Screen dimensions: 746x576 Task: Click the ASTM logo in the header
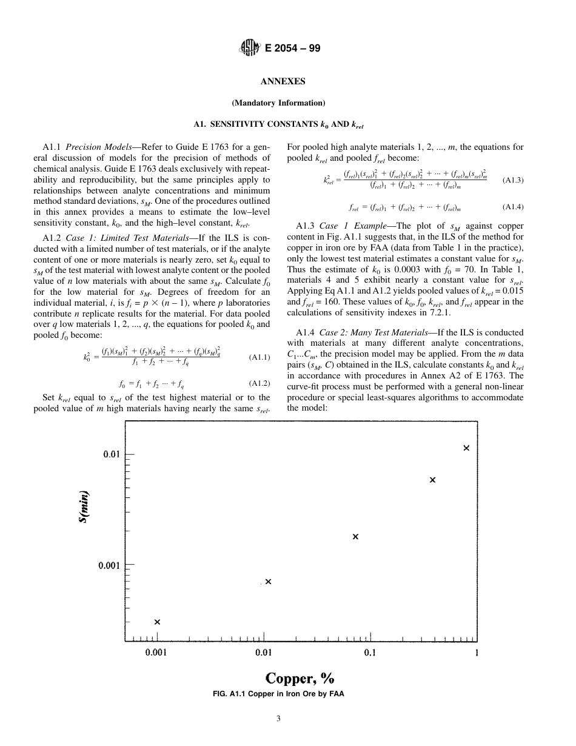click(x=249, y=48)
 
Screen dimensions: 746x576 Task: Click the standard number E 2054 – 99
click(x=292, y=49)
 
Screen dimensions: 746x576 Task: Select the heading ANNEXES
click(x=283, y=81)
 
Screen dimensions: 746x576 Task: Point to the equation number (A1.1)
click(x=260, y=357)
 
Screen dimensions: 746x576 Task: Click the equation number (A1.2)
click(x=260, y=383)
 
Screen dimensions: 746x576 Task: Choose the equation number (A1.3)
click(x=513, y=180)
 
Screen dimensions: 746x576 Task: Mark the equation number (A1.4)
click(x=513, y=207)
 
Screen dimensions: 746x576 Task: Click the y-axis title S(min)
click(x=85, y=507)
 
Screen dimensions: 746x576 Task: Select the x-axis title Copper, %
click(x=300, y=677)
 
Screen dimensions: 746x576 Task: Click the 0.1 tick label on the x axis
click(x=370, y=653)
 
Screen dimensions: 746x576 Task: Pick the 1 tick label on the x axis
click(x=477, y=653)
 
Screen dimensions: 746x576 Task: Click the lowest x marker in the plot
click(x=157, y=622)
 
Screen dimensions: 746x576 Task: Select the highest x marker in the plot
click(x=466, y=448)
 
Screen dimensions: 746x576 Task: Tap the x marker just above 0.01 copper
click(x=268, y=582)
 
